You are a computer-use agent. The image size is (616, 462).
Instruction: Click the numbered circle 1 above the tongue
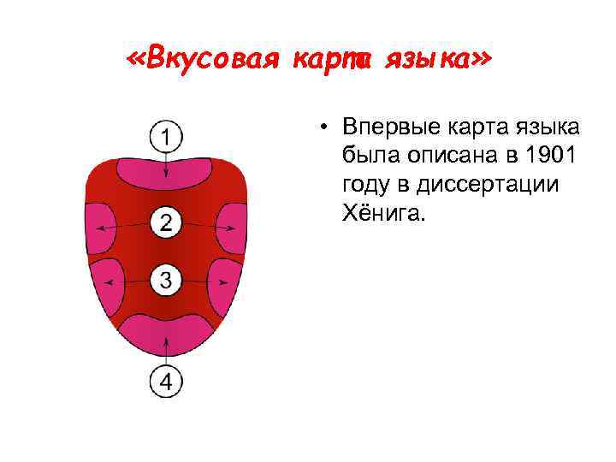click(166, 136)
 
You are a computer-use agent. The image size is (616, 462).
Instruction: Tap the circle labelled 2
click(166, 224)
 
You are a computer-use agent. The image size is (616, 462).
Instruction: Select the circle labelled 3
click(166, 278)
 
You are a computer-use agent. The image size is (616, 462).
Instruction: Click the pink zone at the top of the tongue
click(166, 175)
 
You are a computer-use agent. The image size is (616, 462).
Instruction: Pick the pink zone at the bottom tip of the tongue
click(166, 333)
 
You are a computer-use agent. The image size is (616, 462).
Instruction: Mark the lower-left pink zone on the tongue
click(106, 281)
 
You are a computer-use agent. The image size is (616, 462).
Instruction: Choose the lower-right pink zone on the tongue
click(226, 281)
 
